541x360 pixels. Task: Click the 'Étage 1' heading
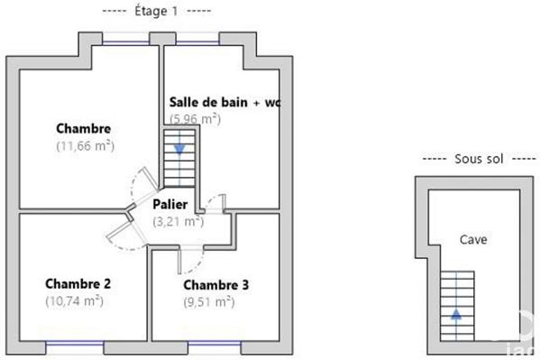[157, 11]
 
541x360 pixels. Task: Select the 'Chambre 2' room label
[78, 284]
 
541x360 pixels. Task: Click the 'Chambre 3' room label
[215, 285]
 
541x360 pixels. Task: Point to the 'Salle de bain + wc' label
[225, 103]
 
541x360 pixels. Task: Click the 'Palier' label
[170, 204]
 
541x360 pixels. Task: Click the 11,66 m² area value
[85, 145]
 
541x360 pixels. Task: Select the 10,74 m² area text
[74, 301]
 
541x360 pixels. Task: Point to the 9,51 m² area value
[208, 302]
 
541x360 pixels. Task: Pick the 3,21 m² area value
[178, 220]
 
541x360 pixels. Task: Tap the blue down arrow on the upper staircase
[180, 148]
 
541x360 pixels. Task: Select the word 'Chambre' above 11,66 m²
[83, 128]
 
